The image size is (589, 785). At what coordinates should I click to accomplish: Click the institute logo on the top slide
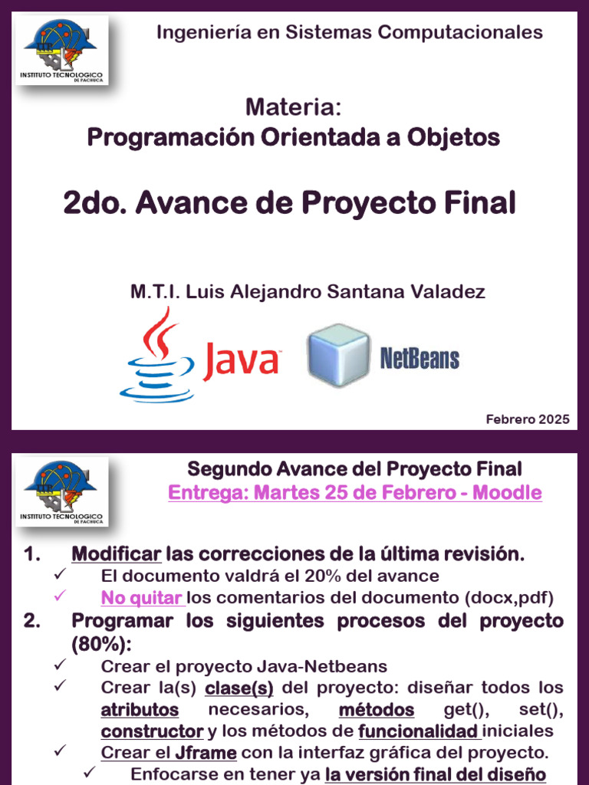click(66, 50)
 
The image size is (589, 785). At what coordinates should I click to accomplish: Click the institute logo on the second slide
click(66, 492)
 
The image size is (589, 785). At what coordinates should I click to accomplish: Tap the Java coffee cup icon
click(156, 355)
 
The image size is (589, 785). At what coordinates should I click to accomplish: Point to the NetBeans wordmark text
click(420, 358)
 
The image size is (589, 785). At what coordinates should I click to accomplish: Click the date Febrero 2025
click(528, 419)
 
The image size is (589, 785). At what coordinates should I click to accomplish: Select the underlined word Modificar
click(117, 554)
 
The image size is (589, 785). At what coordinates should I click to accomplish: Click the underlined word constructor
click(153, 731)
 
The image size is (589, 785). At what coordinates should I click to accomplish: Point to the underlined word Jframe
click(206, 752)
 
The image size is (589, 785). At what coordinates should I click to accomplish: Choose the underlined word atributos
click(140, 709)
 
